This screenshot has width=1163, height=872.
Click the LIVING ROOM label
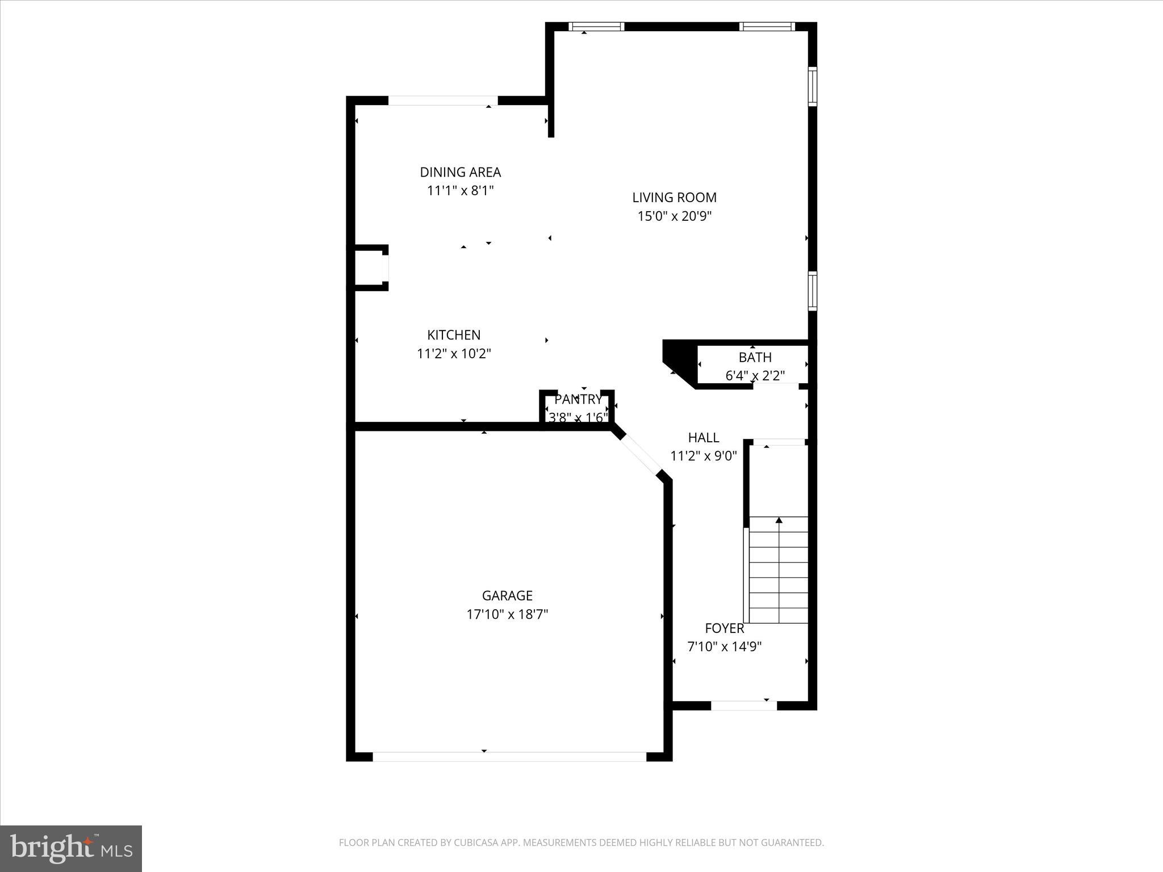coord(674,198)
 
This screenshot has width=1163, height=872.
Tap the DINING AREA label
coord(460,172)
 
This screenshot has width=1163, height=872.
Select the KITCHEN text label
coord(454,335)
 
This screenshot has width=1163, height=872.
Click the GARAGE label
coord(507,596)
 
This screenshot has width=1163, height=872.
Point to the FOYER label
coord(724,628)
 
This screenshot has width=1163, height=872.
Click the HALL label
coord(704,437)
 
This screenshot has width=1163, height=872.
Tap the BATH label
coord(755,357)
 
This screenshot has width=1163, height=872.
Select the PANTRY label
coord(578,399)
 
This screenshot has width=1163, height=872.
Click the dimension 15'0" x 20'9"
coord(674,216)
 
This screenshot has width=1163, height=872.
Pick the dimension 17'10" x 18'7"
coord(507,614)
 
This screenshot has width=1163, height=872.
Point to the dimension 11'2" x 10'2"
coord(454,354)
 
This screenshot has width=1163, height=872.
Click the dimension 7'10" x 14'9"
coord(724,647)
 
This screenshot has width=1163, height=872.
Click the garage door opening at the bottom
coord(509,756)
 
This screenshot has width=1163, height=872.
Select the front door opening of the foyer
coord(743,706)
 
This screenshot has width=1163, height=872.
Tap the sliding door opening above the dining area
coord(442,100)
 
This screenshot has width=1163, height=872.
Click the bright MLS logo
coord(70,848)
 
